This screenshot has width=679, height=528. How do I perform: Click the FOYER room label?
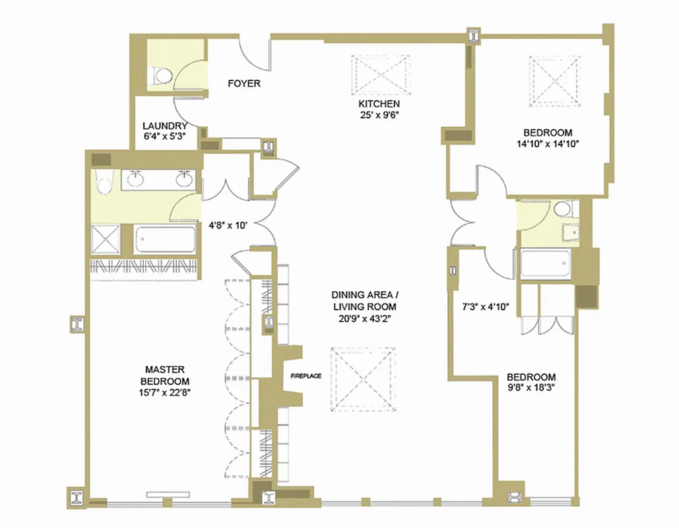[243, 84]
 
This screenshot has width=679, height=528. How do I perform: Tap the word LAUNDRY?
[165, 126]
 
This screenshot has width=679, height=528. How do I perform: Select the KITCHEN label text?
[379, 104]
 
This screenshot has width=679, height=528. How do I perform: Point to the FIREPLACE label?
[306, 376]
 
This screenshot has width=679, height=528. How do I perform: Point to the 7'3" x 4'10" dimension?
[484, 306]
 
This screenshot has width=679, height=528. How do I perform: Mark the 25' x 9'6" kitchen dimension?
[379, 115]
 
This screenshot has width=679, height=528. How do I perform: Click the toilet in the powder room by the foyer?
[161, 77]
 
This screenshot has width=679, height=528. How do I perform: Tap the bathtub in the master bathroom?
[166, 240]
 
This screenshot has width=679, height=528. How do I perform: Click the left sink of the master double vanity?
[137, 178]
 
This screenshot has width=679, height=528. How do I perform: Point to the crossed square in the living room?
[364, 380]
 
